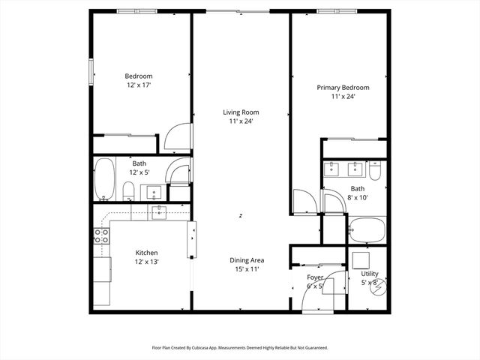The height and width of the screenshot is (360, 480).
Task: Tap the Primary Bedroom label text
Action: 343,88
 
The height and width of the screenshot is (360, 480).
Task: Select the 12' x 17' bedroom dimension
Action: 138,85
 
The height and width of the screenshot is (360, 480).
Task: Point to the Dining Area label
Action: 246,260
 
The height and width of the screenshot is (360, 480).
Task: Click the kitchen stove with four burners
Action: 100,238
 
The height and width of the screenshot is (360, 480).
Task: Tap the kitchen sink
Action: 158,212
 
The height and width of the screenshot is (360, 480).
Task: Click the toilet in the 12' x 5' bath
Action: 128,190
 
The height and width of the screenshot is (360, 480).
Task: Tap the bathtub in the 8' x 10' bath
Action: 366,228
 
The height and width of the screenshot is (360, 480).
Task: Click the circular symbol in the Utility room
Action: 381,286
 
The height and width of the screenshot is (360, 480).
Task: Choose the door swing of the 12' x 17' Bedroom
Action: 178,135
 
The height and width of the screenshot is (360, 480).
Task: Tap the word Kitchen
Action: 146,253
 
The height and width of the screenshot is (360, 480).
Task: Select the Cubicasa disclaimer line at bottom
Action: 240,348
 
